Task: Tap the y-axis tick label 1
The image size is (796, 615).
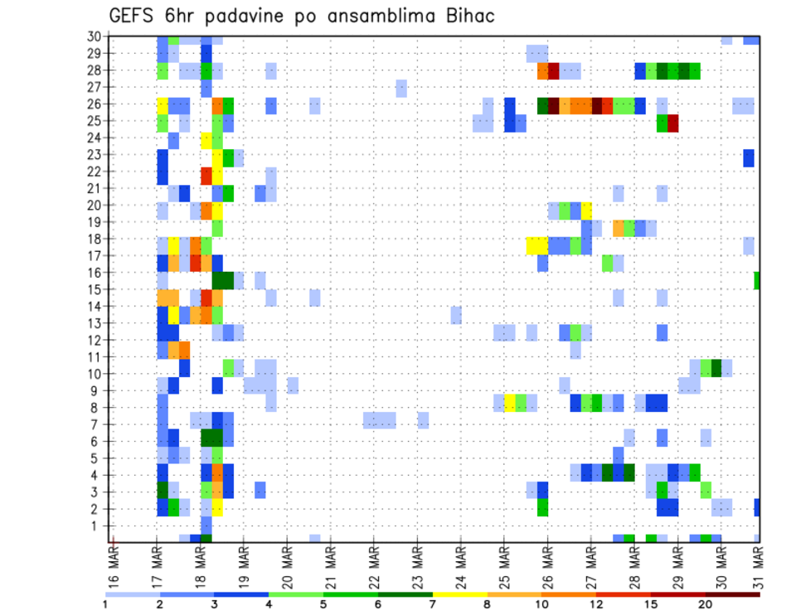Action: [96, 525]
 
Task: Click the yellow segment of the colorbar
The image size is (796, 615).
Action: [460, 594]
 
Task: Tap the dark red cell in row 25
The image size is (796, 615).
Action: [673, 123]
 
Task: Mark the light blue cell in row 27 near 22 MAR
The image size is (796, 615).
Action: [401, 88]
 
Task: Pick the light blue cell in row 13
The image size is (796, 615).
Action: [456, 315]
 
